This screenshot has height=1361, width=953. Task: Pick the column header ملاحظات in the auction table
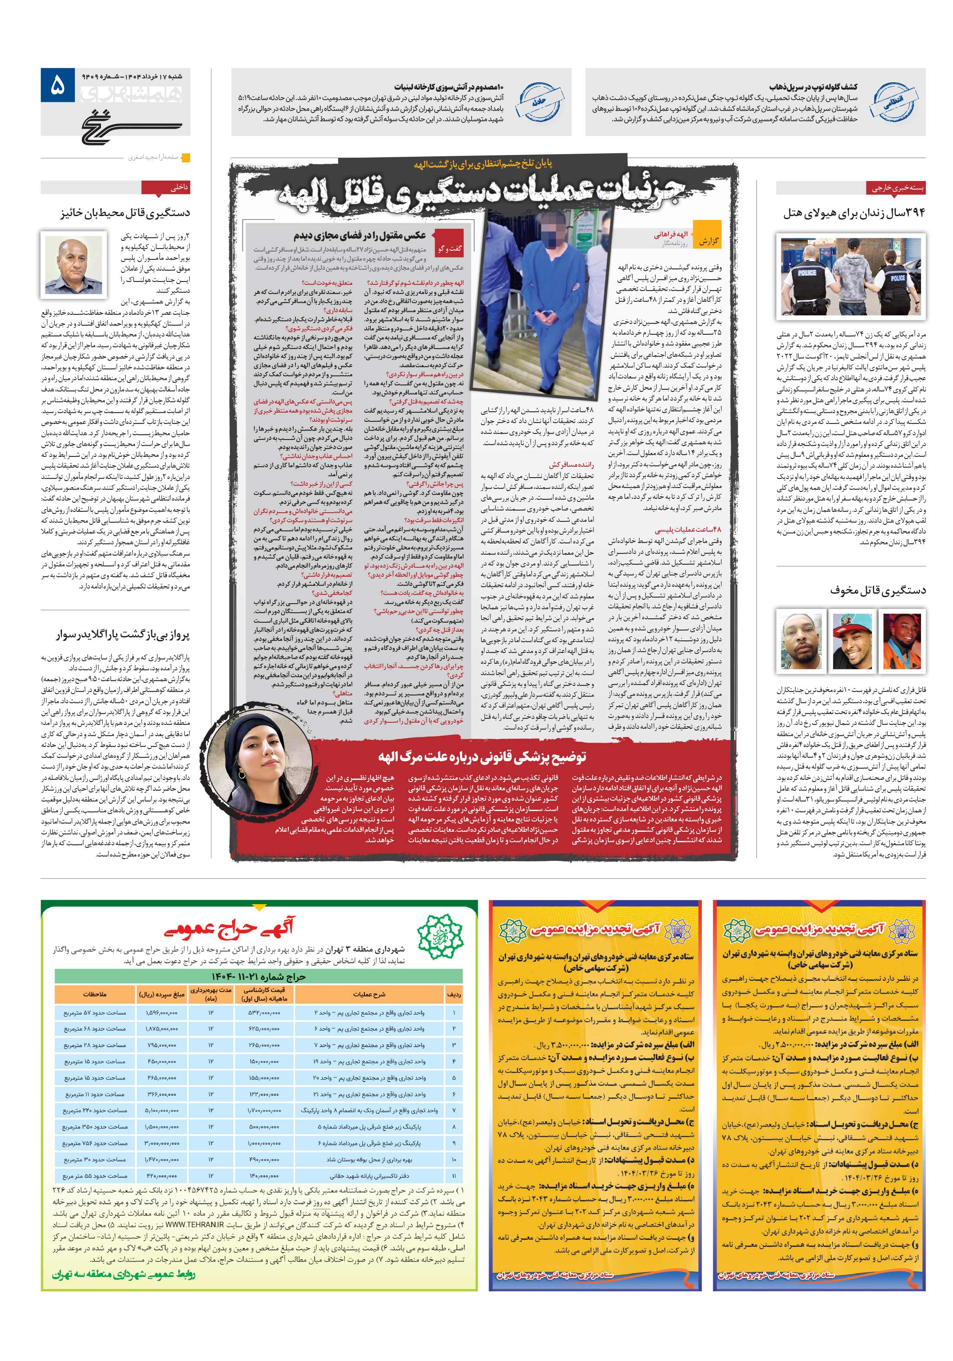[x=94, y=994]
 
